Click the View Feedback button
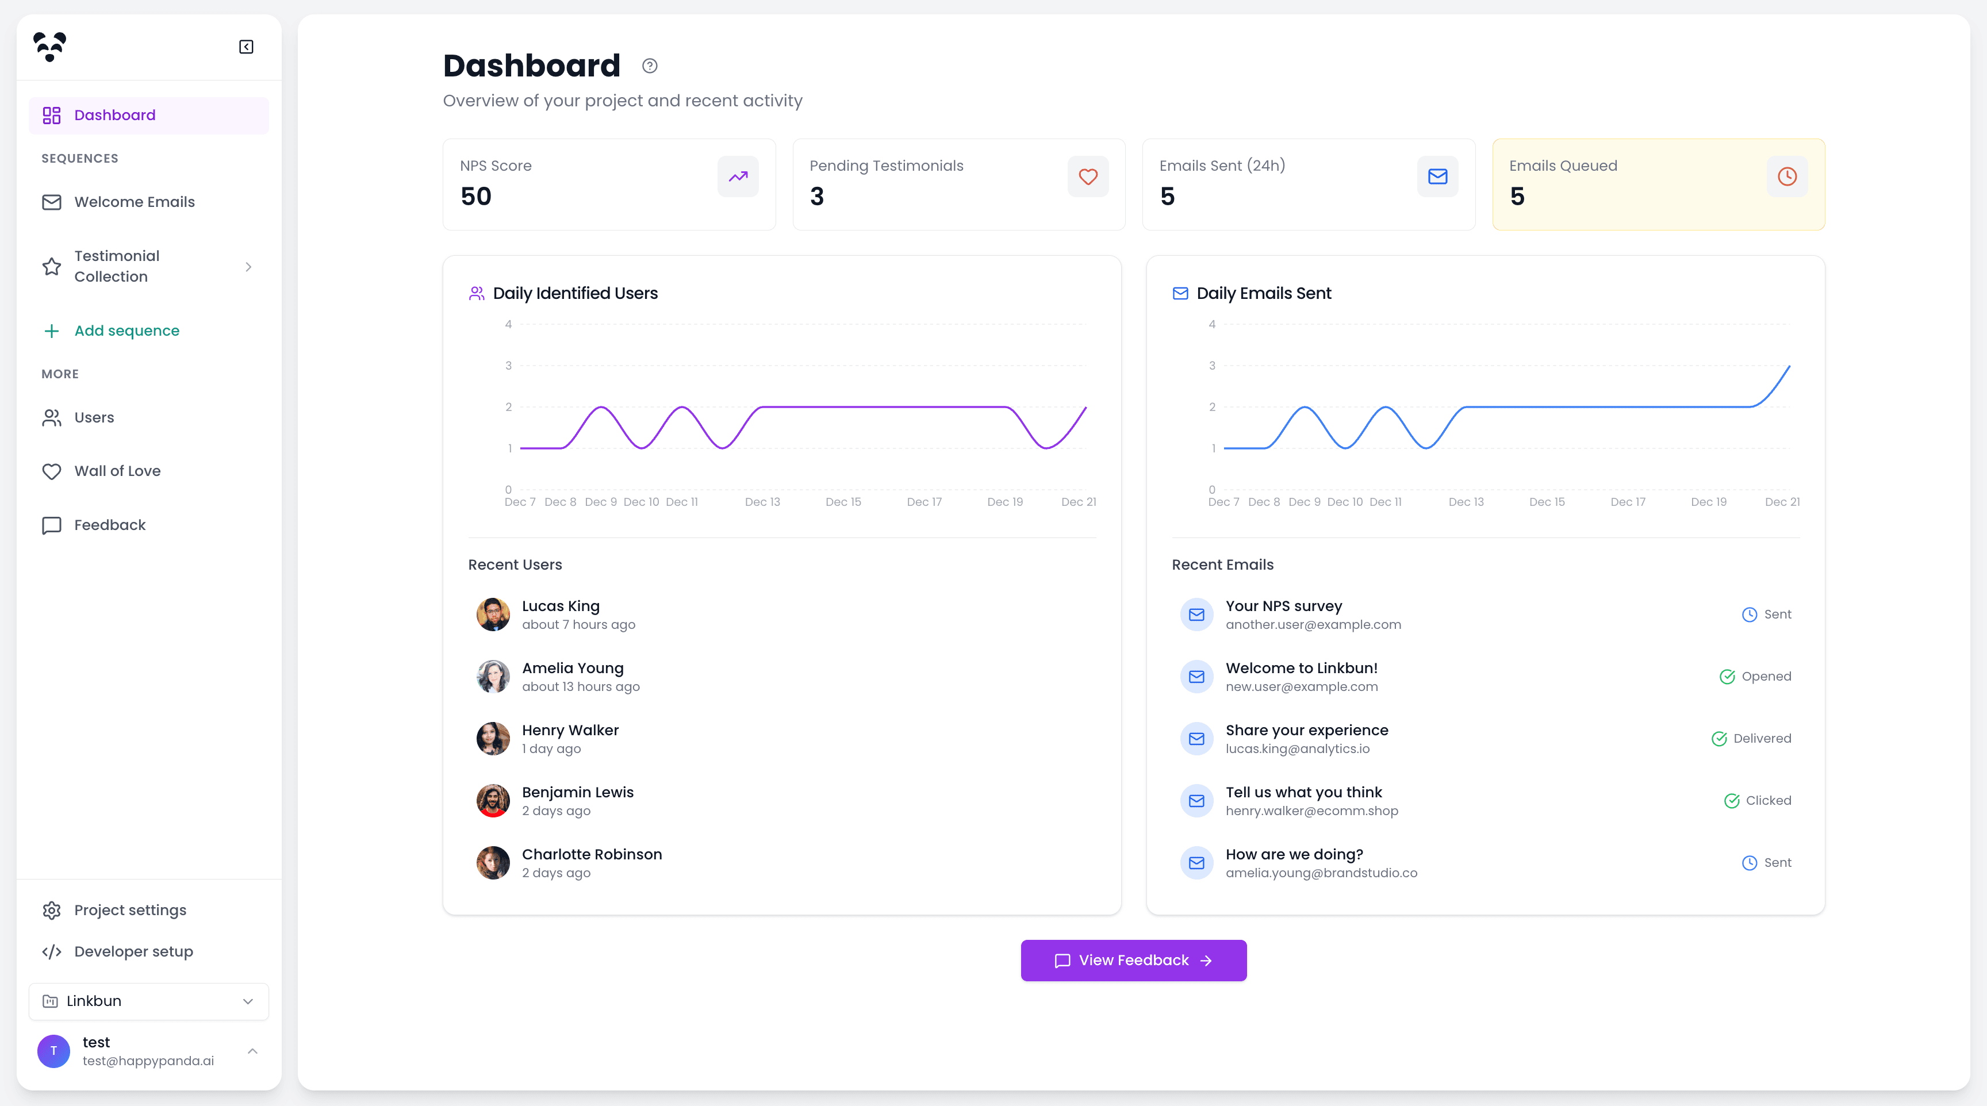coord(1133,960)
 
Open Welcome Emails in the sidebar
coord(134,202)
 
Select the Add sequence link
coord(126,331)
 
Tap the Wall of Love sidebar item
coord(117,471)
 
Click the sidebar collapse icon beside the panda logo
coord(246,47)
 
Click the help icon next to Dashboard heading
coord(650,66)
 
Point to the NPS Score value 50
coord(476,197)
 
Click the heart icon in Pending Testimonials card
coord(1088,176)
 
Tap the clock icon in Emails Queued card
coord(1786,176)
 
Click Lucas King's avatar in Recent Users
coord(493,615)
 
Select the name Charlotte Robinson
coord(592,855)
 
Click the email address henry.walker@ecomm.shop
coord(1311,811)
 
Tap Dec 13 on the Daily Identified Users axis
coord(762,502)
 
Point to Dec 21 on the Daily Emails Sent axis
coord(1782,502)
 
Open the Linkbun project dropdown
coord(149,1001)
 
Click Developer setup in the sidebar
coord(133,952)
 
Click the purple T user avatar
coord(53,1051)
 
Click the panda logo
coord(50,47)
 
